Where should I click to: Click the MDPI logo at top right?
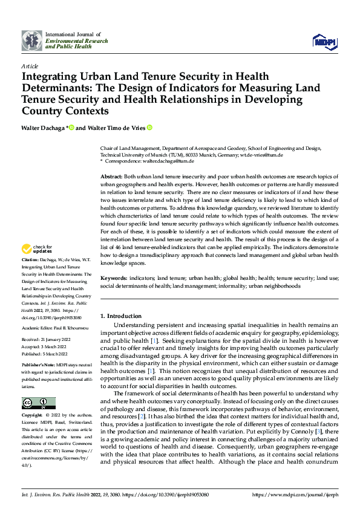(324, 41)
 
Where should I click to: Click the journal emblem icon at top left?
(32, 41)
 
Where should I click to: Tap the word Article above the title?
(29, 66)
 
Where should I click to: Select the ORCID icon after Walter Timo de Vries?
(149, 128)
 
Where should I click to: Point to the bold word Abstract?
(112, 175)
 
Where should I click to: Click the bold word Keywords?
(114, 278)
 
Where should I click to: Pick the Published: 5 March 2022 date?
(46, 353)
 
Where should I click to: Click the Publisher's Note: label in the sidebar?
(38, 366)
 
